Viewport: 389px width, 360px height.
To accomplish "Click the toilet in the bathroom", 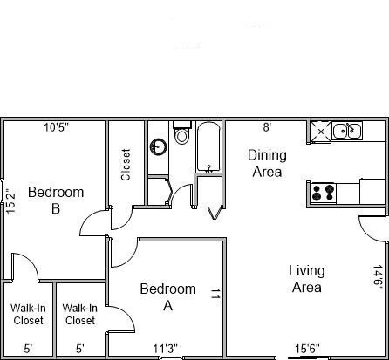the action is click(182, 132).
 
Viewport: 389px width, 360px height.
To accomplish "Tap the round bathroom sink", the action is click(159, 146).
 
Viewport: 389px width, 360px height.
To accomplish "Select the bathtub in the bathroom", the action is click(208, 147).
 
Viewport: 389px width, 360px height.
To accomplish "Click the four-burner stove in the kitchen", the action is click(323, 194).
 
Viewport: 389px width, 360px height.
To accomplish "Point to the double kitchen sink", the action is click(347, 131).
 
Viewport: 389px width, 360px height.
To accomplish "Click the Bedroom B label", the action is click(56, 200).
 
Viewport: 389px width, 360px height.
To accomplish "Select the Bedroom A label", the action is click(167, 296).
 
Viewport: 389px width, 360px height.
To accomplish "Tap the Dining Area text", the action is click(267, 163).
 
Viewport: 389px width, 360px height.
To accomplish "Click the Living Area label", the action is click(307, 279).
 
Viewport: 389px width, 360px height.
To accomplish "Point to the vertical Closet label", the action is click(126, 165).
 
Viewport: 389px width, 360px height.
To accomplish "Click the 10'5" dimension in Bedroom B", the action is click(57, 127).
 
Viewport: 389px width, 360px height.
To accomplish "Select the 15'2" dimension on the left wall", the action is click(10, 201).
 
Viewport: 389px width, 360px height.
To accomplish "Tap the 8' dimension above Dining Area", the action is click(267, 127).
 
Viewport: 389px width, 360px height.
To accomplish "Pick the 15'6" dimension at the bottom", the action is click(307, 348).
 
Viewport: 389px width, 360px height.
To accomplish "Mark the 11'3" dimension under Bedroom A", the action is click(166, 348).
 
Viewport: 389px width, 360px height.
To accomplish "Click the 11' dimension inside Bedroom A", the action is click(215, 296).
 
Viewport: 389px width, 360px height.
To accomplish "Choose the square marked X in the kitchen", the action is click(321, 132).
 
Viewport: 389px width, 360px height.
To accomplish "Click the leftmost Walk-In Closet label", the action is click(28, 314).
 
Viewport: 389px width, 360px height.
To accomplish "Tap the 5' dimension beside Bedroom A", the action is click(80, 349).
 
